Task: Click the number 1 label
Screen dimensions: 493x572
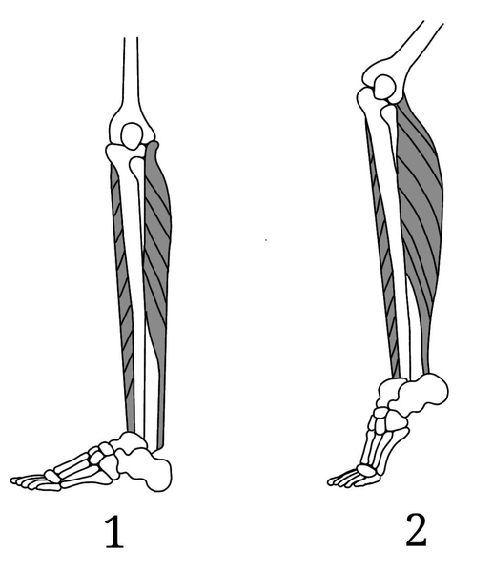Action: (114, 532)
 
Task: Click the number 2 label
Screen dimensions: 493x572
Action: (416, 530)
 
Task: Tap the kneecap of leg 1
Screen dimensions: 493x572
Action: (132, 135)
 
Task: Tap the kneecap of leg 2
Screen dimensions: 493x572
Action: (383, 87)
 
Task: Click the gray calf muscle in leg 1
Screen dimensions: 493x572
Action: (157, 255)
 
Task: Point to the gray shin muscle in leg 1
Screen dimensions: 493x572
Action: (122, 292)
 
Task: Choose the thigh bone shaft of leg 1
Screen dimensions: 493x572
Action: (131, 73)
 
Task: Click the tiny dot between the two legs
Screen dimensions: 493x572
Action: (266, 240)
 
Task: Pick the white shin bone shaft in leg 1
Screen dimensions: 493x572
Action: (133, 292)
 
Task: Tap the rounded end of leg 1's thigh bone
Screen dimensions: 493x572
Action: (133, 128)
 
